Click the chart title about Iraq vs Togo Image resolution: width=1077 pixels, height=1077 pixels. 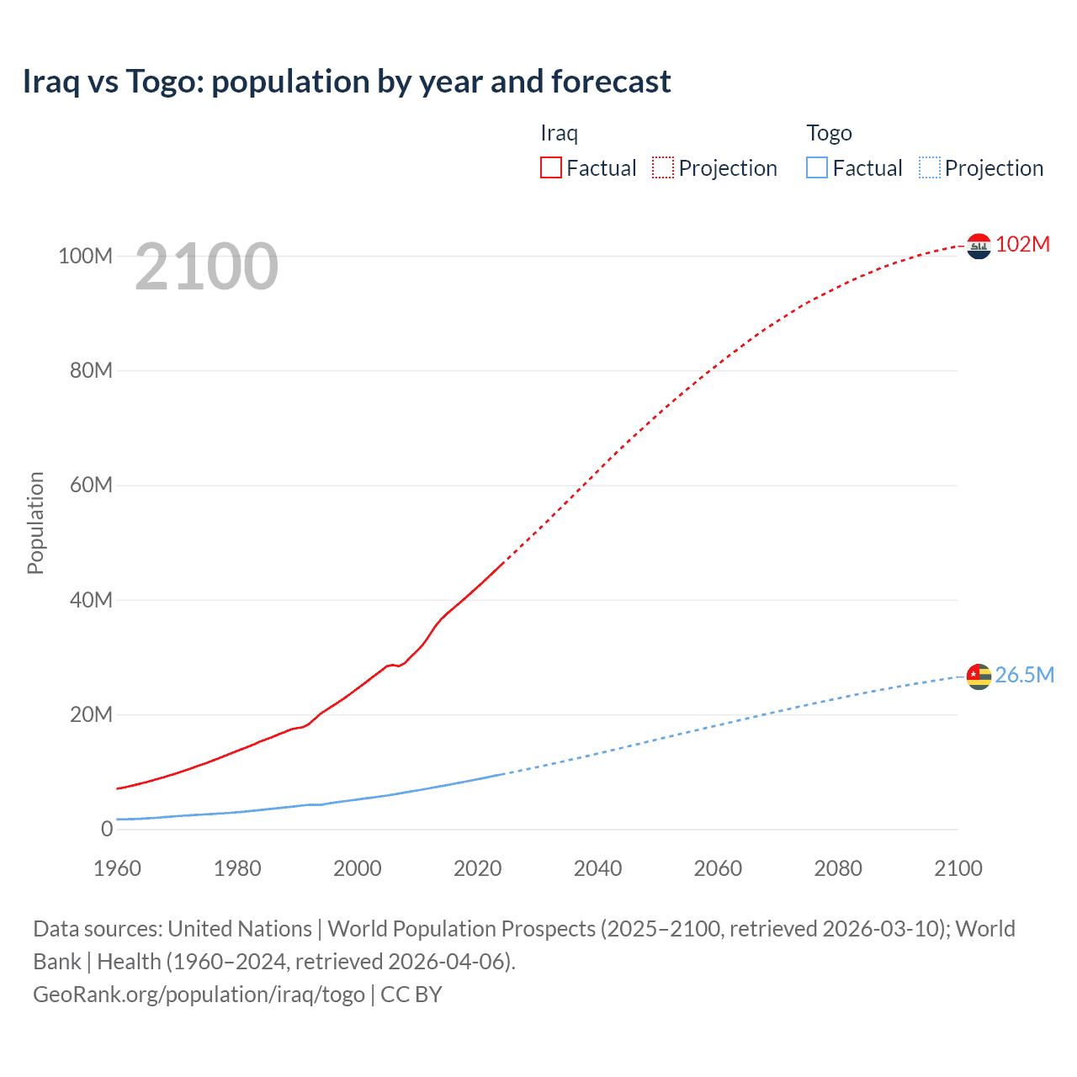click(346, 82)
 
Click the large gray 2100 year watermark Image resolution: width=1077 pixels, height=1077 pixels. click(206, 267)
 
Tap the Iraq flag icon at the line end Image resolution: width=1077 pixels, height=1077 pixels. click(979, 246)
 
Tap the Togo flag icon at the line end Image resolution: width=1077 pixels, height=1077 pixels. click(979, 676)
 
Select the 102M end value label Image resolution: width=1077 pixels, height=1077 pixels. click(1022, 244)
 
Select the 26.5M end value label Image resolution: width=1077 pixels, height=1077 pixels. click(1024, 675)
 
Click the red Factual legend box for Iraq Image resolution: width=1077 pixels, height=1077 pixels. click(551, 168)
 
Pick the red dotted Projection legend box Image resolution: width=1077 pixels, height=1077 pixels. click(663, 168)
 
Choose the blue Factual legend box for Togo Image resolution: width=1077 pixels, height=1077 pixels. click(817, 168)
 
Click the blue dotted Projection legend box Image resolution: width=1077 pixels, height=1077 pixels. click(929, 168)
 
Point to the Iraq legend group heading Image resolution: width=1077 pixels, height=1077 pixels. click(559, 133)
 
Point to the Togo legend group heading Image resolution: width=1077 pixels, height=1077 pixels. click(829, 133)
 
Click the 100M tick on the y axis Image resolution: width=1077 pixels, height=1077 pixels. click(85, 256)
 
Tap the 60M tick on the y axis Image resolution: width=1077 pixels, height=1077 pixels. click(90, 485)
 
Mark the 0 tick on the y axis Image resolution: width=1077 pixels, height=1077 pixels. click(106, 829)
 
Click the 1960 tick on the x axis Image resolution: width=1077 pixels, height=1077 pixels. click(117, 868)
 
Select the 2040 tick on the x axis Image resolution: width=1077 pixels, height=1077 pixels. click(597, 868)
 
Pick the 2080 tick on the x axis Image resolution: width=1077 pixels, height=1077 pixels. click(838, 868)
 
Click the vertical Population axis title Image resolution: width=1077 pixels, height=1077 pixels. click(35, 523)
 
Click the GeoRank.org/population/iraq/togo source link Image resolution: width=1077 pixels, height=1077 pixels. click(199, 995)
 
